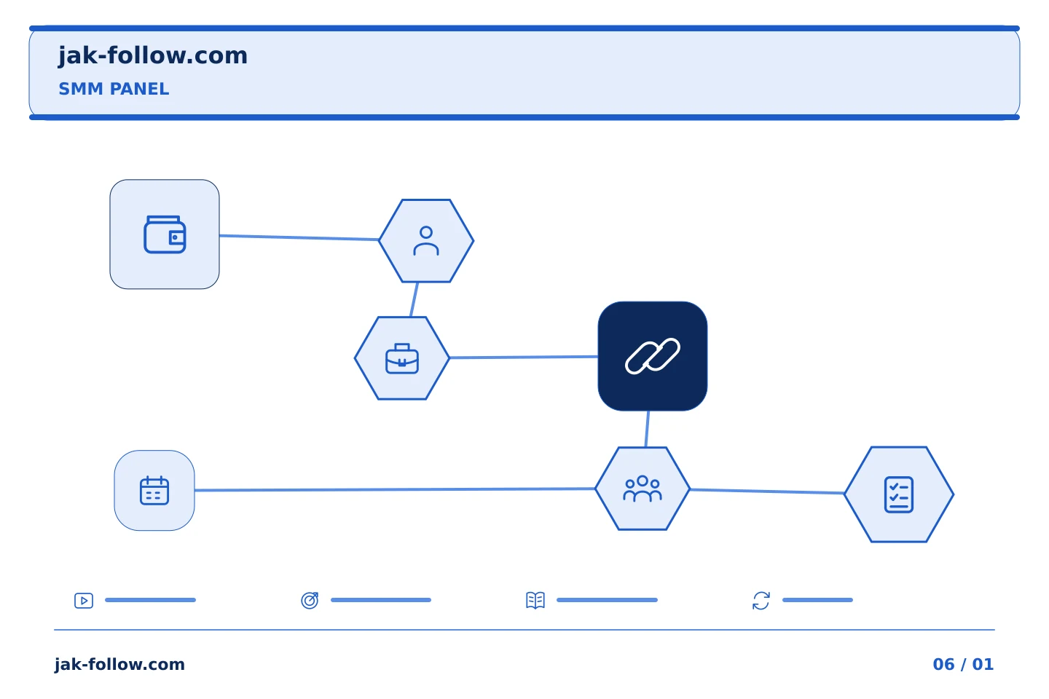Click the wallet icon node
pyautogui.click(x=165, y=234)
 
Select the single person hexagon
pyautogui.click(x=426, y=241)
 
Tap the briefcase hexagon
pyautogui.click(x=402, y=358)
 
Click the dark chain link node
pyautogui.click(x=653, y=356)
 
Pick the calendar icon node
pyautogui.click(x=154, y=490)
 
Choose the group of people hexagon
pyautogui.click(x=643, y=489)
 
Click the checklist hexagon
pyautogui.click(x=899, y=494)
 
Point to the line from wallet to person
pyautogui.click(x=299, y=238)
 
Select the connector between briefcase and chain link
pyautogui.click(x=524, y=358)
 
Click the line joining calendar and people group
pyautogui.click(x=395, y=489)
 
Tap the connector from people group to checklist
pyautogui.click(x=767, y=491)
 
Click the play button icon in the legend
pyautogui.click(x=84, y=600)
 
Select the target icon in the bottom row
pyautogui.click(x=310, y=600)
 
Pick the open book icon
pyautogui.click(x=535, y=600)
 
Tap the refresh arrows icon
pyautogui.click(x=761, y=601)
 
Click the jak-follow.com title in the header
pyautogui.click(x=153, y=56)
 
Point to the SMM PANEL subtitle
pyautogui.click(x=114, y=89)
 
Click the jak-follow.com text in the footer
pyautogui.click(x=119, y=664)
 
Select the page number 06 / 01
pyautogui.click(x=963, y=664)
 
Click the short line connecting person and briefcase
pyautogui.click(x=414, y=300)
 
